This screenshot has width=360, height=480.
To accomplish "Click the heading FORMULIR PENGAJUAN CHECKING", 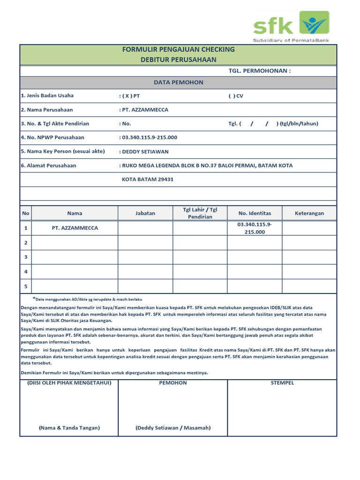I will [178, 49].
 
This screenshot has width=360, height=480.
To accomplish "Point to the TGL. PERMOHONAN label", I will [259, 71].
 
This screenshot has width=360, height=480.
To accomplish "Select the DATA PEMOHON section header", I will [178, 82].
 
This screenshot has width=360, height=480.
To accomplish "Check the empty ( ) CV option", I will [236, 96].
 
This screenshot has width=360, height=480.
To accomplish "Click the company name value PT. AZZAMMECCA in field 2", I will [145, 110].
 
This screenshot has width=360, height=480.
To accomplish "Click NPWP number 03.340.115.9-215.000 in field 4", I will [149, 137].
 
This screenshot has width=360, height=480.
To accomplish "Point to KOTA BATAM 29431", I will [148, 180].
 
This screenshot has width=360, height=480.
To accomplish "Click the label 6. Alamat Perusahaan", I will [48, 165].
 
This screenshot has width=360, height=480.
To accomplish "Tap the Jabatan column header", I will [145, 213].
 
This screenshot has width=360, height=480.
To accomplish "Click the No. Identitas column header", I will [255, 213].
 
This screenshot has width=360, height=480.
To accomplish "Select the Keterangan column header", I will [309, 213].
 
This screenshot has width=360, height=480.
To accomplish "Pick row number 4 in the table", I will [26, 271].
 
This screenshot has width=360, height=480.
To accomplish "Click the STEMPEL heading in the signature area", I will [282, 383].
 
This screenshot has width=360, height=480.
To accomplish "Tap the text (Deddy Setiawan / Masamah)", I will [173, 428].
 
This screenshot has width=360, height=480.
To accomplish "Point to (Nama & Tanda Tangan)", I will [69, 428].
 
